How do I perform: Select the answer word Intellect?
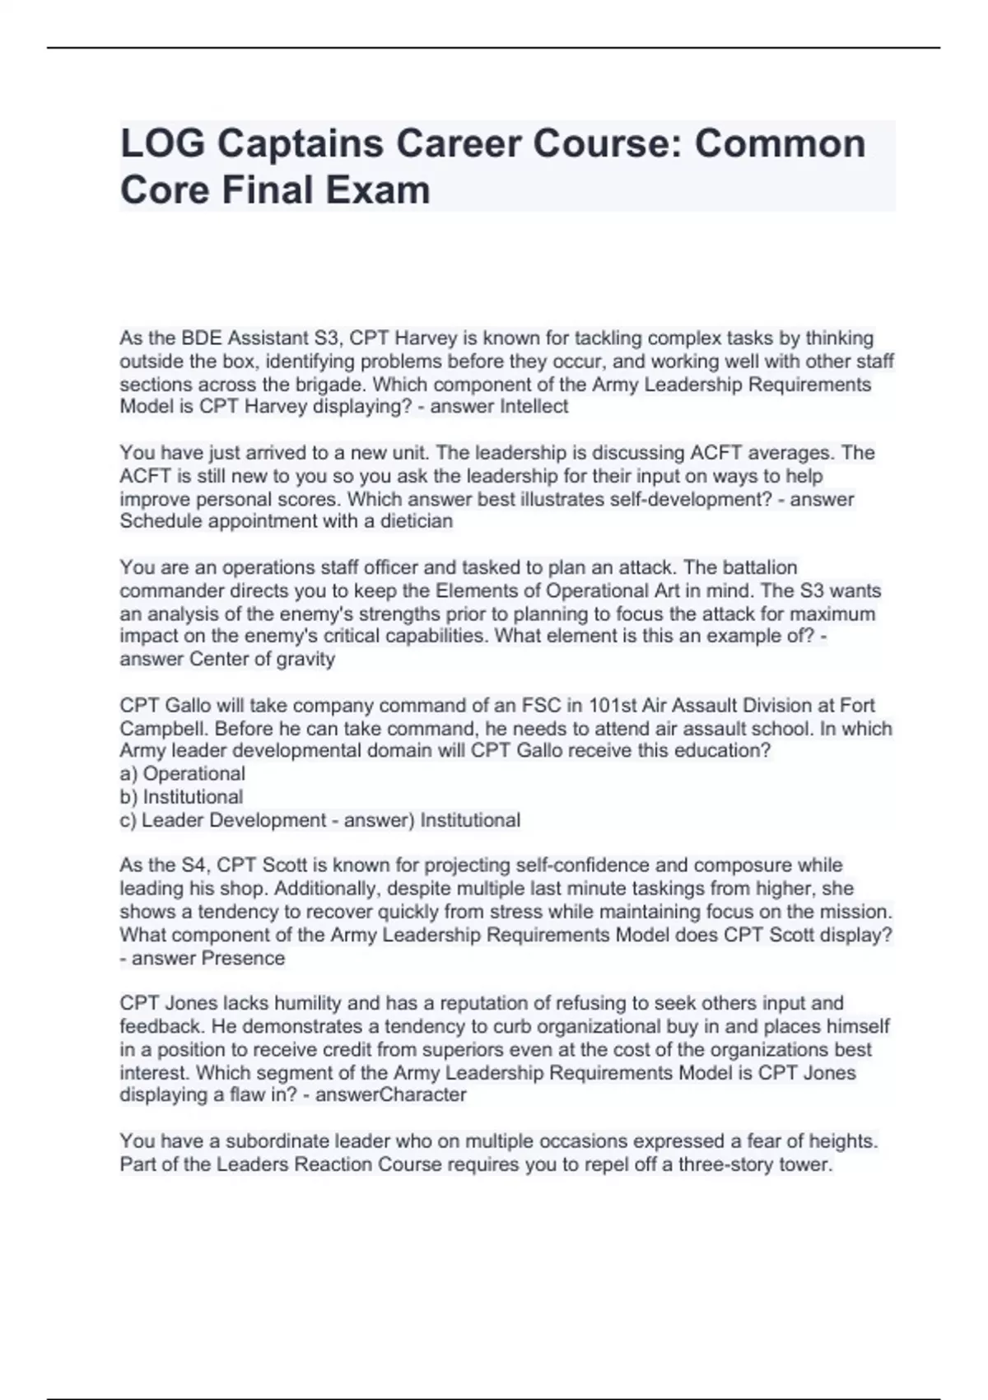click(534, 406)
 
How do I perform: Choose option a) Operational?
click(182, 774)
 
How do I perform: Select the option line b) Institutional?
click(181, 797)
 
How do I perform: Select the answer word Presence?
click(243, 959)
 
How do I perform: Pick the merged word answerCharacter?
click(390, 1094)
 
